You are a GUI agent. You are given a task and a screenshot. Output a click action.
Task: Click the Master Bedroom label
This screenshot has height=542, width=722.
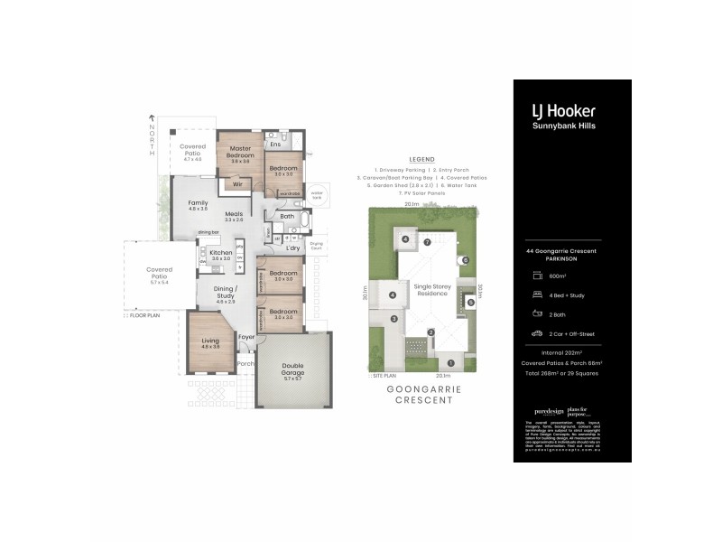[x=239, y=152]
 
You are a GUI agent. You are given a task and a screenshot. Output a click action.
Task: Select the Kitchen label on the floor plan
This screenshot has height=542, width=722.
[x=221, y=255]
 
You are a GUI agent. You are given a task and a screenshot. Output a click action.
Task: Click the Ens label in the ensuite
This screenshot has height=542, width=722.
[x=276, y=145]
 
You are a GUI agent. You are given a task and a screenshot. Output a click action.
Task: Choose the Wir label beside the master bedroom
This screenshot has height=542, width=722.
[x=237, y=184]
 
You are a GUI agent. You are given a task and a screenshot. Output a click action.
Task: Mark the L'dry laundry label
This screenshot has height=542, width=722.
[x=292, y=248]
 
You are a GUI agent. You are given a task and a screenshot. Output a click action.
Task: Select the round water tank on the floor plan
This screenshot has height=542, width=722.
[x=317, y=193]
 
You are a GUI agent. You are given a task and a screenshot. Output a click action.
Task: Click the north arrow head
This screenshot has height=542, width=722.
[x=153, y=117]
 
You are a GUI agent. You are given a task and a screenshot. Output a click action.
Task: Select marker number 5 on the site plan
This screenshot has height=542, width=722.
[x=470, y=303]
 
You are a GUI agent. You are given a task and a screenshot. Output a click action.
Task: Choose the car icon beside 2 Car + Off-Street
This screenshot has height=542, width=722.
[x=537, y=332]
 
